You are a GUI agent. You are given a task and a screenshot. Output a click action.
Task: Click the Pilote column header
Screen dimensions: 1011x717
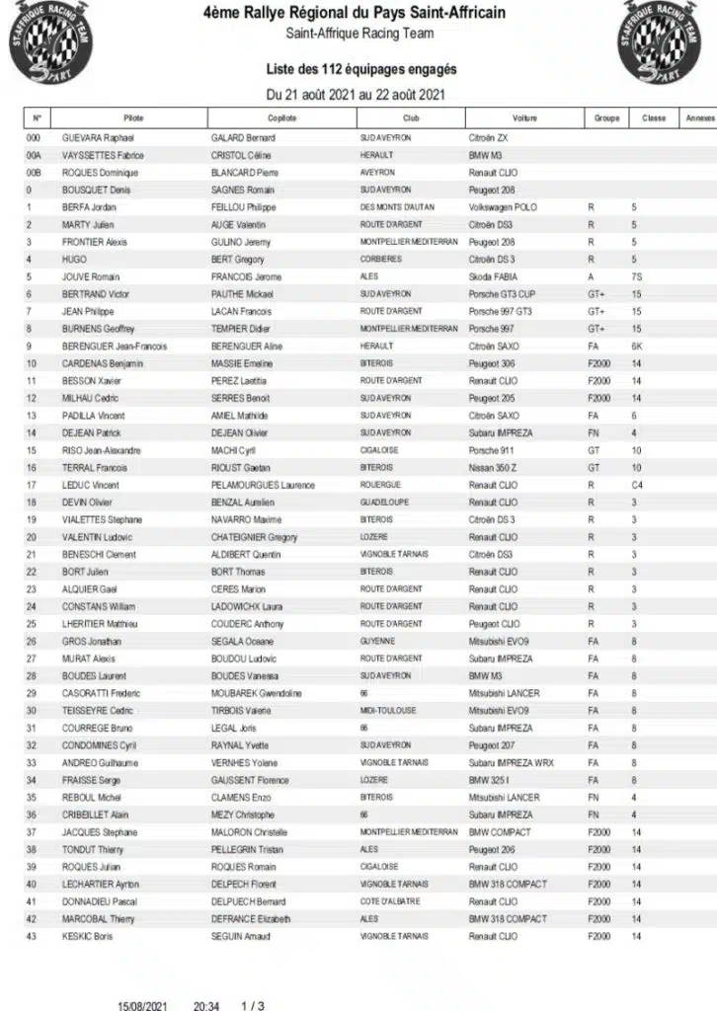click(133, 118)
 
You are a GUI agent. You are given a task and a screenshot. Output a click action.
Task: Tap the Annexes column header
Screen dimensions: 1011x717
click(698, 118)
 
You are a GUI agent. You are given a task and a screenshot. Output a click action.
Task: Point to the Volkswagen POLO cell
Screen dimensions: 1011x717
click(505, 207)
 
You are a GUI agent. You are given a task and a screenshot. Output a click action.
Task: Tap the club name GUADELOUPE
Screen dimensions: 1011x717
click(385, 503)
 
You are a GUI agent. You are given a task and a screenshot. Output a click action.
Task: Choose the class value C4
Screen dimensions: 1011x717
click(637, 485)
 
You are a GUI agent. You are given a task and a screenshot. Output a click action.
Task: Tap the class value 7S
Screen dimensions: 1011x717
click(636, 276)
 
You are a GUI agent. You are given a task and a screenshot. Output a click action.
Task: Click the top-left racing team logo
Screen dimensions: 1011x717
click(46, 42)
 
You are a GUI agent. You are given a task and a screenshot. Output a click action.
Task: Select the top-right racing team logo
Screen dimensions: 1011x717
click(666, 42)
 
